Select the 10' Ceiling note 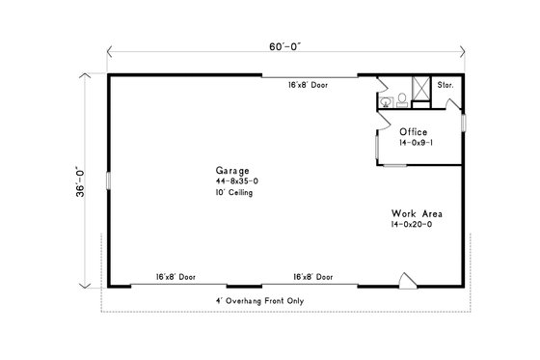(x=234, y=193)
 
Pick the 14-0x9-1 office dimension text (x=417, y=143)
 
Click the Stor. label (x=445, y=86)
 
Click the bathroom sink (x=384, y=100)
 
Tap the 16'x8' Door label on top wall (x=308, y=86)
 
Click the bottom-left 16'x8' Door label (x=175, y=277)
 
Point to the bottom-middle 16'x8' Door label (x=313, y=277)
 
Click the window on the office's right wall (x=464, y=124)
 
